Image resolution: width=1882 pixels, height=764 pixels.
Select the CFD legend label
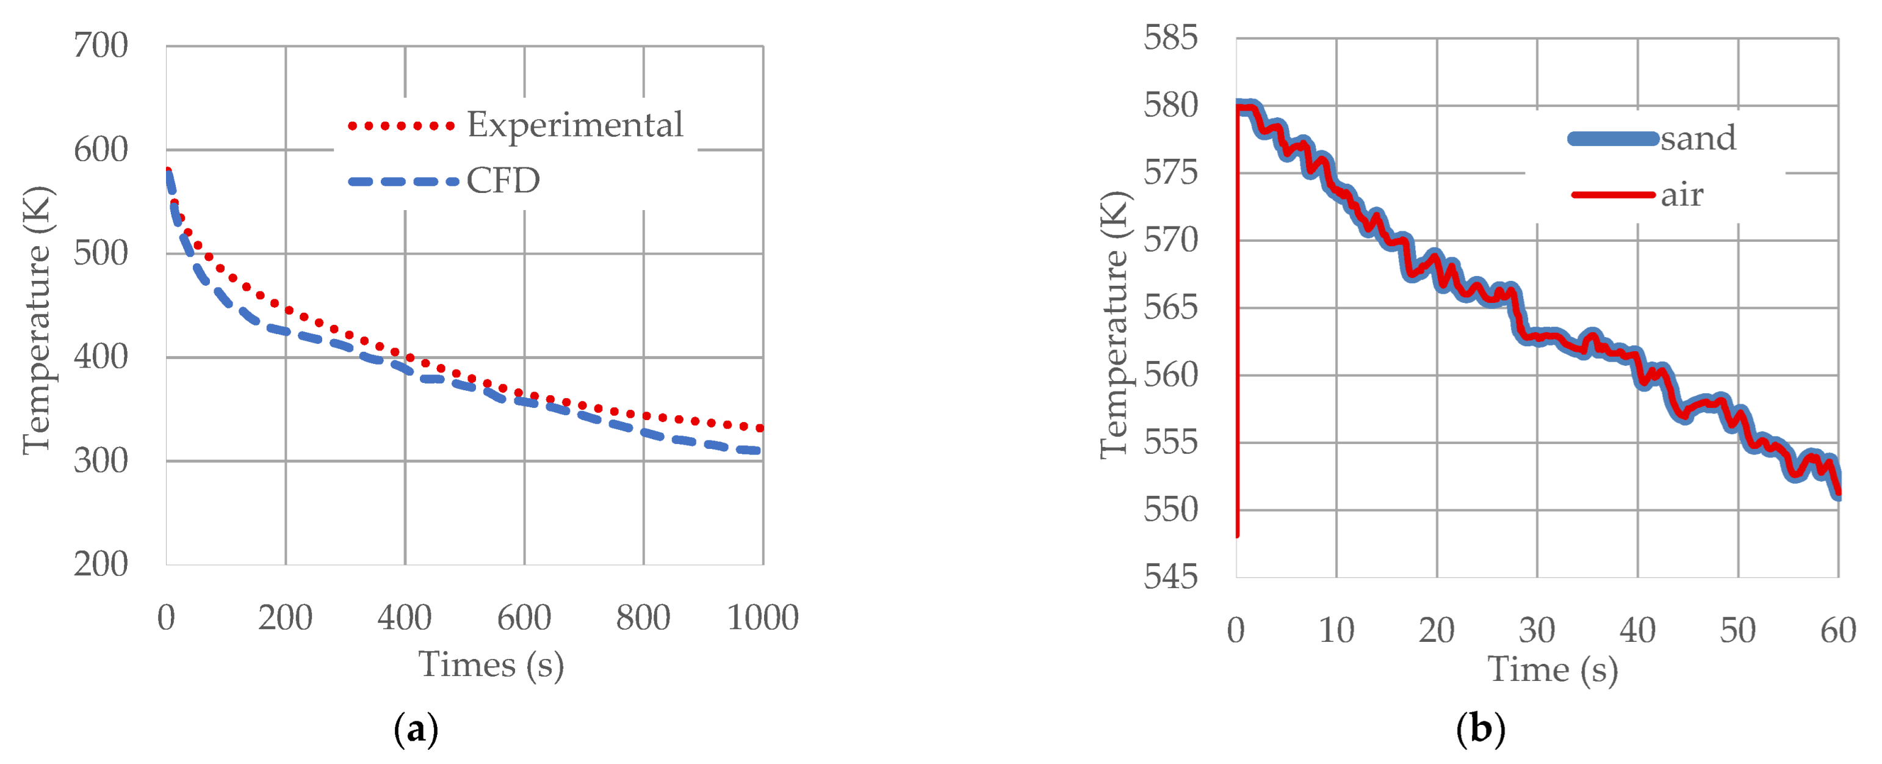[x=503, y=181]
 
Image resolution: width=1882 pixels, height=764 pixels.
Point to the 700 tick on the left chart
[x=101, y=46]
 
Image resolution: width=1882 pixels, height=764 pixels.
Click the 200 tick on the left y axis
[x=101, y=564]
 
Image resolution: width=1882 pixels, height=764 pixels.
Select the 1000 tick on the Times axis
[x=762, y=619]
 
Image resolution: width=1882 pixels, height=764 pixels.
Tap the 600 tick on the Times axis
[x=524, y=619]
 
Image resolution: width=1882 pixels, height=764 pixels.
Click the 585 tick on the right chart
[x=1170, y=38]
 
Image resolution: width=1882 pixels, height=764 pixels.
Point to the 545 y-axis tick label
[x=1170, y=578]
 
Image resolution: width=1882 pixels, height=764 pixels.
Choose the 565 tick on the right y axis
[x=1170, y=308]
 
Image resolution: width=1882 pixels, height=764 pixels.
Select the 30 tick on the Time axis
[x=1537, y=631]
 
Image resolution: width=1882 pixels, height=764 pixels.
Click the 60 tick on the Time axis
[x=1837, y=631]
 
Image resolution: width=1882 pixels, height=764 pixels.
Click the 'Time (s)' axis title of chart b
[x=1552, y=671]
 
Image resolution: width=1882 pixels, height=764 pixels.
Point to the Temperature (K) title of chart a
[x=37, y=320]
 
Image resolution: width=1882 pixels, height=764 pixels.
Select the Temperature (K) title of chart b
[x=1115, y=325]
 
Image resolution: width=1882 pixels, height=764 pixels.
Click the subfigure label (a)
[x=416, y=730]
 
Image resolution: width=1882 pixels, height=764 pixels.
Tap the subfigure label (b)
[x=1480, y=730]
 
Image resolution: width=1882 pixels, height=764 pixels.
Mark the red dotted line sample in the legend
[x=401, y=126]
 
